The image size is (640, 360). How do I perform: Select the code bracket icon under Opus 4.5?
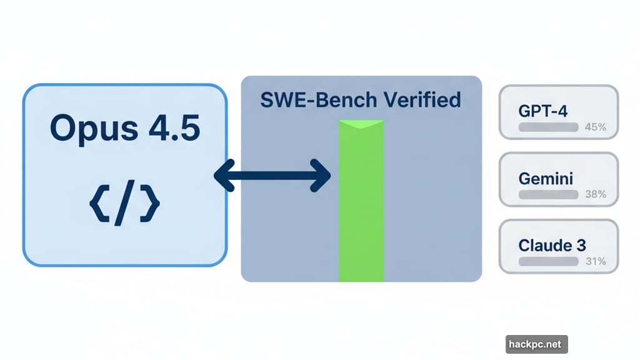pos(124,204)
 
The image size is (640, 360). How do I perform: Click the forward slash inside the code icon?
pos(125,204)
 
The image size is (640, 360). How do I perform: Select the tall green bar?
pos(361,206)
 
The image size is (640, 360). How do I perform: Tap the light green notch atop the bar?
pos(361,125)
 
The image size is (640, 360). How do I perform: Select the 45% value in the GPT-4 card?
pos(595,127)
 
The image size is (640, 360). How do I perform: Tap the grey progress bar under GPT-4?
pos(548,127)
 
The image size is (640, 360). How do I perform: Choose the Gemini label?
pos(546,178)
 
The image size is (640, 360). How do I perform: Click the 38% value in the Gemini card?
pos(595,194)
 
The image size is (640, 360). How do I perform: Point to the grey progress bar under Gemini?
pos(548,194)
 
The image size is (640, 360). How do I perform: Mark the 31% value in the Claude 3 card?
pos(595,261)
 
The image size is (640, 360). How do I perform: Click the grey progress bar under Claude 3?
pos(548,261)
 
